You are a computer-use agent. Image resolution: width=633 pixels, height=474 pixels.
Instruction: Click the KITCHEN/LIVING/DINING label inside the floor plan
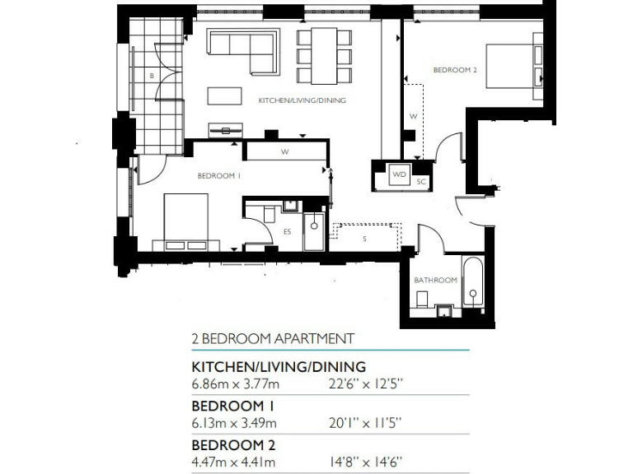click(x=302, y=100)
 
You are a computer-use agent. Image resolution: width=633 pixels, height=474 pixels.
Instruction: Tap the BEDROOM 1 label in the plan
click(x=218, y=176)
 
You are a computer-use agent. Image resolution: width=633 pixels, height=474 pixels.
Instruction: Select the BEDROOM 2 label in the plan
click(x=455, y=71)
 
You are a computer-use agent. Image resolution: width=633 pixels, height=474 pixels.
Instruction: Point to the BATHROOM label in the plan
click(x=435, y=281)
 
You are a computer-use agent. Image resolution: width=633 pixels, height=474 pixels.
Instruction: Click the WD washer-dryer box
click(x=399, y=175)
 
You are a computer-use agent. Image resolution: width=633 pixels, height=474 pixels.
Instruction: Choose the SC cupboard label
click(x=420, y=181)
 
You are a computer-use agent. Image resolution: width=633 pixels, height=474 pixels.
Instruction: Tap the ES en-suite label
click(x=287, y=232)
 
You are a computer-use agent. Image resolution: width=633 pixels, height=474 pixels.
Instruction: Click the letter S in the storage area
click(x=364, y=239)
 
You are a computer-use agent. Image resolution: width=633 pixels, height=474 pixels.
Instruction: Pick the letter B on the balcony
click(x=152, y=76)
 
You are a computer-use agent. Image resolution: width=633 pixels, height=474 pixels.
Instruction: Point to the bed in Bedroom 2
click(x=515, y=65)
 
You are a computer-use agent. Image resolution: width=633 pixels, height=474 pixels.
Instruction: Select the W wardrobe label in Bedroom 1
click(x=284, y=152)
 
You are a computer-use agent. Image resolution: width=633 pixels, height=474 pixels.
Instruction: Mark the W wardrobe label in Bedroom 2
click(x=413, y=117)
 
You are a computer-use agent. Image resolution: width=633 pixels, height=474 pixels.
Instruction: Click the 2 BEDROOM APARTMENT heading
click(x=273, y=338)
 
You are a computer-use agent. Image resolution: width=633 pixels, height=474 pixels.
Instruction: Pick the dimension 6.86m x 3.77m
click(x=234, y=383)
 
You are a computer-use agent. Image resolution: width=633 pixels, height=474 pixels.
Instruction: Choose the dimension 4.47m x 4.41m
click(x=234, y=462)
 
